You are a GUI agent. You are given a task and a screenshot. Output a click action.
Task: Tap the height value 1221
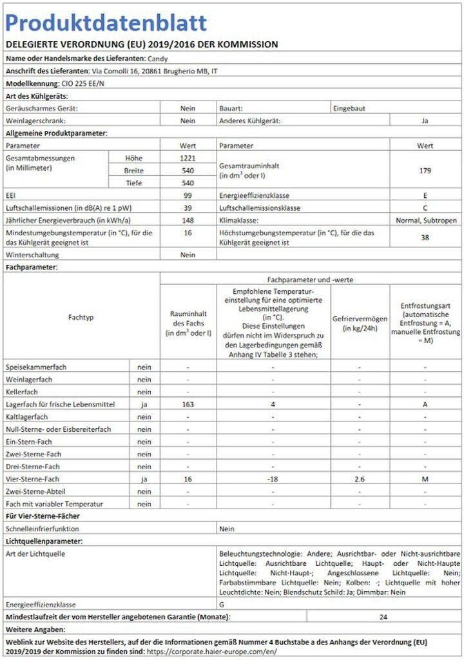[x=188, y=158]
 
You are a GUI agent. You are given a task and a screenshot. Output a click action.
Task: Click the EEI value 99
[x=188, y=195]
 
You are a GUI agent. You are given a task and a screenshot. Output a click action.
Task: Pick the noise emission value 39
[x=188, y=208]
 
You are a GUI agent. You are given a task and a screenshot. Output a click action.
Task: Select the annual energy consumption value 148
[x=188, y=220]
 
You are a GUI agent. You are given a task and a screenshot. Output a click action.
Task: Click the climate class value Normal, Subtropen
[x=427, y=220]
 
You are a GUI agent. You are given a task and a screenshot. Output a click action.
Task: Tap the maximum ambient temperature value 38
[x=425, y=237]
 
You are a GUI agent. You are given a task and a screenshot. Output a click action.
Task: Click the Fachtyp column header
[x=81, y=318]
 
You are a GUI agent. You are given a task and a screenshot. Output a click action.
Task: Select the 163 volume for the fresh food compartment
[x=188, y=404]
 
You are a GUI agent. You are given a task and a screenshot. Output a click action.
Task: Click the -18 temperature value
[x=273, y=479]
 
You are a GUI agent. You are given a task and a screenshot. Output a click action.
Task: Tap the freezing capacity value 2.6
[x=359, y=479]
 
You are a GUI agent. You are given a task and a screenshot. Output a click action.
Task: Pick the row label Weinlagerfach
[x=29, y=380]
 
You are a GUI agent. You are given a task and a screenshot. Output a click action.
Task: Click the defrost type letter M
[x=425, y=479]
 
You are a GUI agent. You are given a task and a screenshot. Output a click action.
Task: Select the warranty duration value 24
[x=383, y=617]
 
